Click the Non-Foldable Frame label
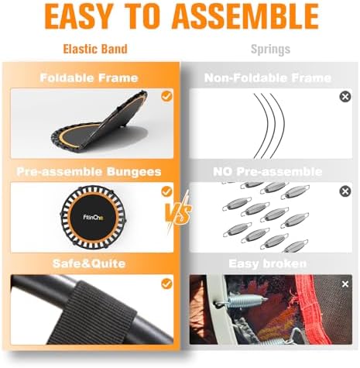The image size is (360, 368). (267, 77)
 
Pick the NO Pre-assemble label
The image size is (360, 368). (267, 171)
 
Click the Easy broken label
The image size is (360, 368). (267, 264)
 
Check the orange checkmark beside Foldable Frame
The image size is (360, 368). (166, 97)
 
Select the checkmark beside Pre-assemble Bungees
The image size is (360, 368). (166, 191)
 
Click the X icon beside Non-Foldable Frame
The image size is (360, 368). (345, 97)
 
